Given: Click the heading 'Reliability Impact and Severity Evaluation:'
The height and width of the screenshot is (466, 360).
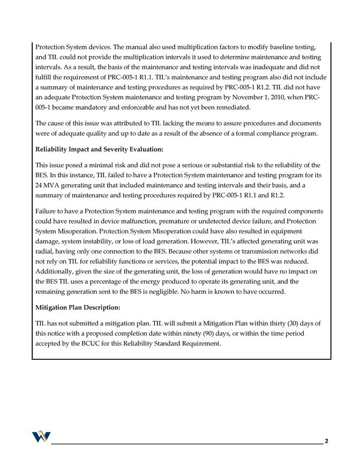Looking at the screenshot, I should coord(99,149).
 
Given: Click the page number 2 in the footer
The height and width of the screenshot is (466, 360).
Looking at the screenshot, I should coord(327,441).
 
